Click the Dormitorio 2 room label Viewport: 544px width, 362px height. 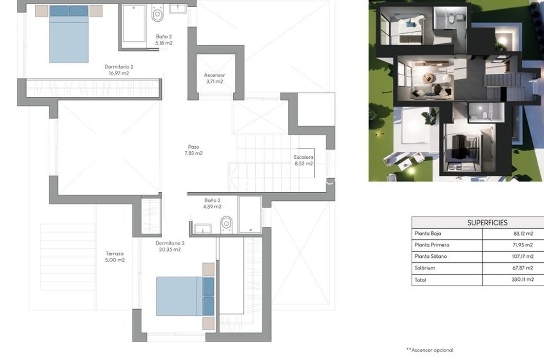click(119, 70)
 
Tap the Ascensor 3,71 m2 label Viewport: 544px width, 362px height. click(214, 78)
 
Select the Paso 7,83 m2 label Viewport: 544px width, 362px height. click(194, 150)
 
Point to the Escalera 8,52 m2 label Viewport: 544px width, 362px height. click(304, 160)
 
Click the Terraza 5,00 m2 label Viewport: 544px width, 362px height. click(115, 257)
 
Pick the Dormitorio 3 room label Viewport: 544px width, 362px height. click(170, 246)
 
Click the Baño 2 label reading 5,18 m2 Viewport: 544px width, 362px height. click(164, 40)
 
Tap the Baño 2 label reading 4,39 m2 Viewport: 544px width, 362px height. click(212, 204)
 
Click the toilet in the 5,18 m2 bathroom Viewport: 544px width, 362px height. click(158, 13)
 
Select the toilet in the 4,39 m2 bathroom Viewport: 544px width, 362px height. click(226, 224)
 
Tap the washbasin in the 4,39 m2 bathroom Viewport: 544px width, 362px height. click(203, 229)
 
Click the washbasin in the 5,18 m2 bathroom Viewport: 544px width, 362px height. click(178, 9)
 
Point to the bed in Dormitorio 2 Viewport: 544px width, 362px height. click(69, 34)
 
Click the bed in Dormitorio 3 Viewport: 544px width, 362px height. click(185, 296)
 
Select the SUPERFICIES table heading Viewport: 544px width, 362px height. click(487, 223)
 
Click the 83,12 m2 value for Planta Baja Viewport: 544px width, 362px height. click(523, 233)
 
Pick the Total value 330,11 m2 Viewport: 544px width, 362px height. click(523, 280)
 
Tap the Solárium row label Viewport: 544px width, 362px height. click(425, 268)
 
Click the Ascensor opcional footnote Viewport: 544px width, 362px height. click(430, 350)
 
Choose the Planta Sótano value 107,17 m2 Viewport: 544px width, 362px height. click(523, 256)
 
